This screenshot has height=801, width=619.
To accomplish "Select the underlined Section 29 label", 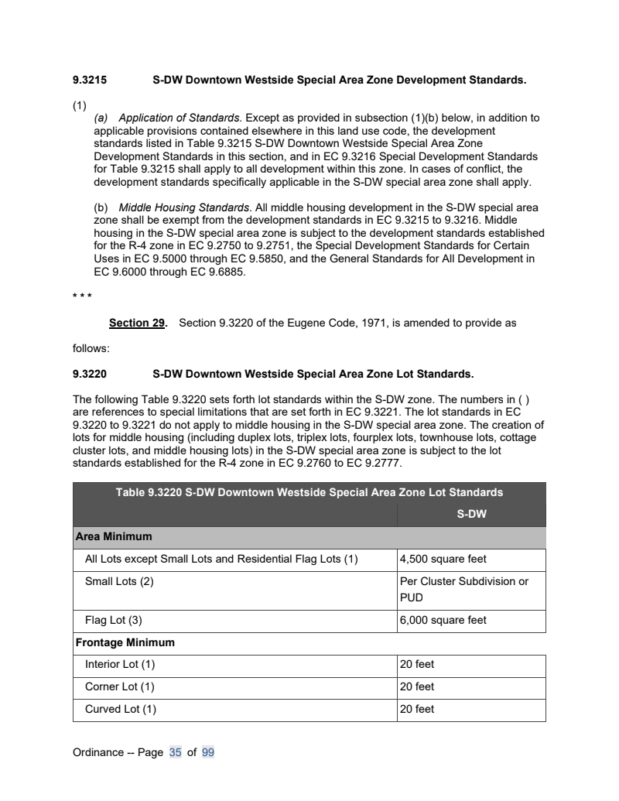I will coord(137,323).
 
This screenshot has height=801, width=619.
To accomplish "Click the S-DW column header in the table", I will coord(471,513).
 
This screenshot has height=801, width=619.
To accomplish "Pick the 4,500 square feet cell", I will coord(443,560).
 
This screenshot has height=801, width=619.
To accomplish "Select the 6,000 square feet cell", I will coord(443,621).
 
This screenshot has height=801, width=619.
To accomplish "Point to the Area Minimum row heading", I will coord(113,536).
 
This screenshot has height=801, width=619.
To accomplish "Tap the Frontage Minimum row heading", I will coord(125,642).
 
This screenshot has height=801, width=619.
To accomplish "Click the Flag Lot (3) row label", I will coord(113,621).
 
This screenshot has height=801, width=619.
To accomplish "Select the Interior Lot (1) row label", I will coord(120,665).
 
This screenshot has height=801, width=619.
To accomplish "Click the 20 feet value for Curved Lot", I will coord(417,709).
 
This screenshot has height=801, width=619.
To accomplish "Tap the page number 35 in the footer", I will coord(174,751).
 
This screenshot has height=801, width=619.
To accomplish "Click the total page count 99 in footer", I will coord(207,751).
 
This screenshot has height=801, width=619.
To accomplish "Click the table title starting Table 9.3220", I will coord(309,492).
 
